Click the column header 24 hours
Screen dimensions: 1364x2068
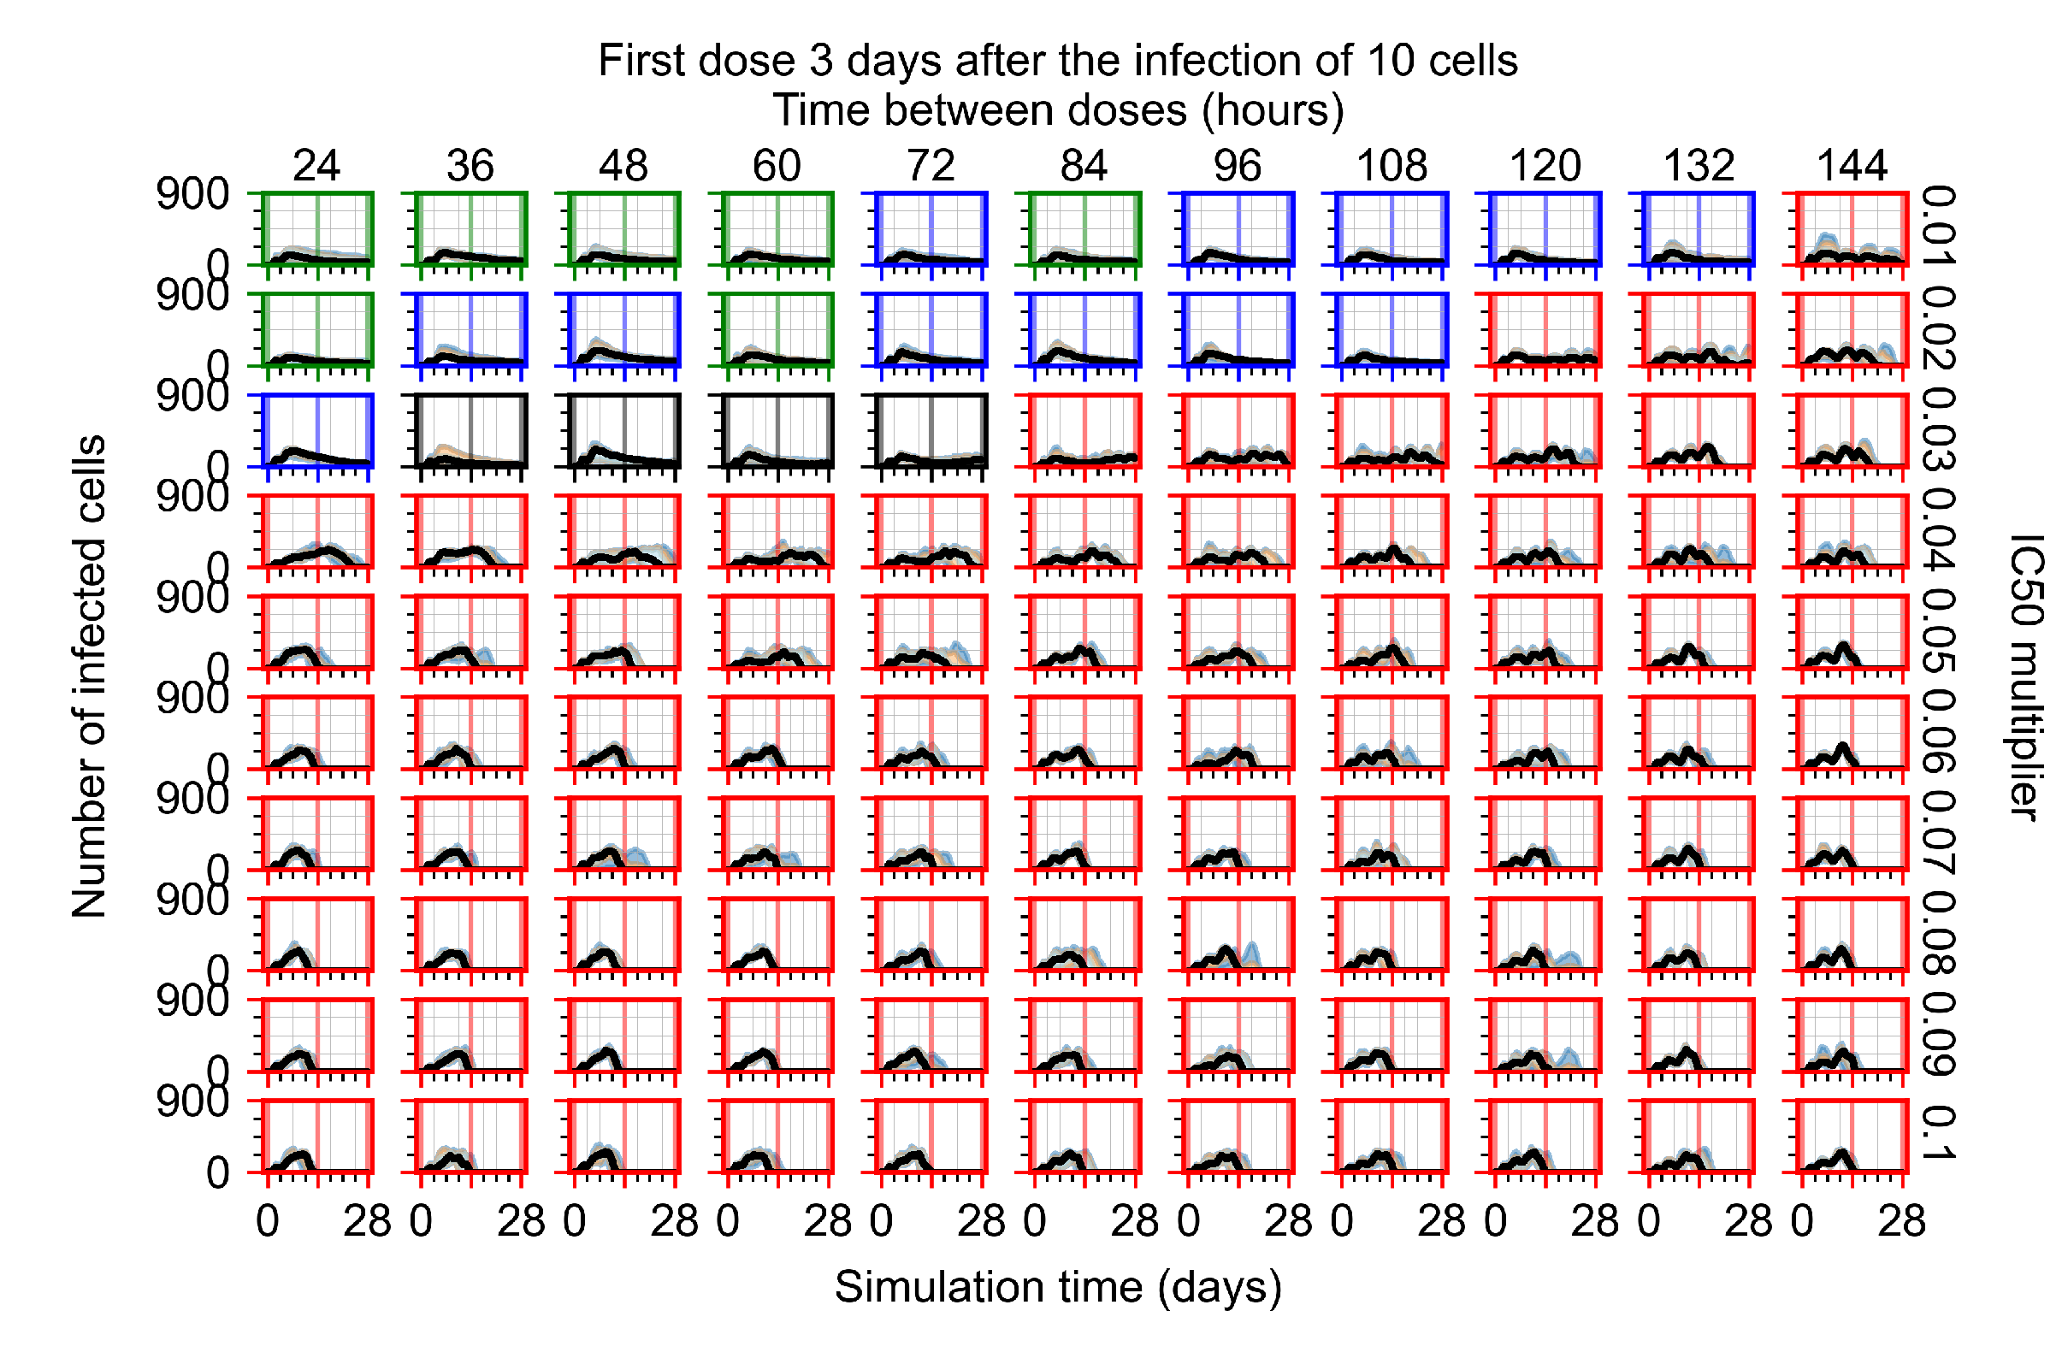tap(316, 165)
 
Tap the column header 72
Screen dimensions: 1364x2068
tap(930, 165)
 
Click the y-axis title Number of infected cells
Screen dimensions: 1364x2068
tap(89, 676)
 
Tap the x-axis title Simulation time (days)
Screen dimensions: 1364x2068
tap(1057, 1286)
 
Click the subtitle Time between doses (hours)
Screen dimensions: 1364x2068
tap(1057, 110)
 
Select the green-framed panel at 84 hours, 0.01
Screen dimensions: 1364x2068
tap(1084, 228)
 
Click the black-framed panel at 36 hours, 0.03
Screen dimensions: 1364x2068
tap(470, 431)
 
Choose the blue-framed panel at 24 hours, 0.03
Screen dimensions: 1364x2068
tap(317, 431)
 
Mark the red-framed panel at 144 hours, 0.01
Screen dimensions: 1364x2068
tap(1852, 228)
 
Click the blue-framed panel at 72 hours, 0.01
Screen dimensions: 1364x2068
tap(931, 228)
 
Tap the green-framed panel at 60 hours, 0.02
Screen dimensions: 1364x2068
tap(777, 330)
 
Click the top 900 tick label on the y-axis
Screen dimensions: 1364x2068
tap(192, 194)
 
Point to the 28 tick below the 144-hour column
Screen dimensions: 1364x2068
tap(1901, 1221)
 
